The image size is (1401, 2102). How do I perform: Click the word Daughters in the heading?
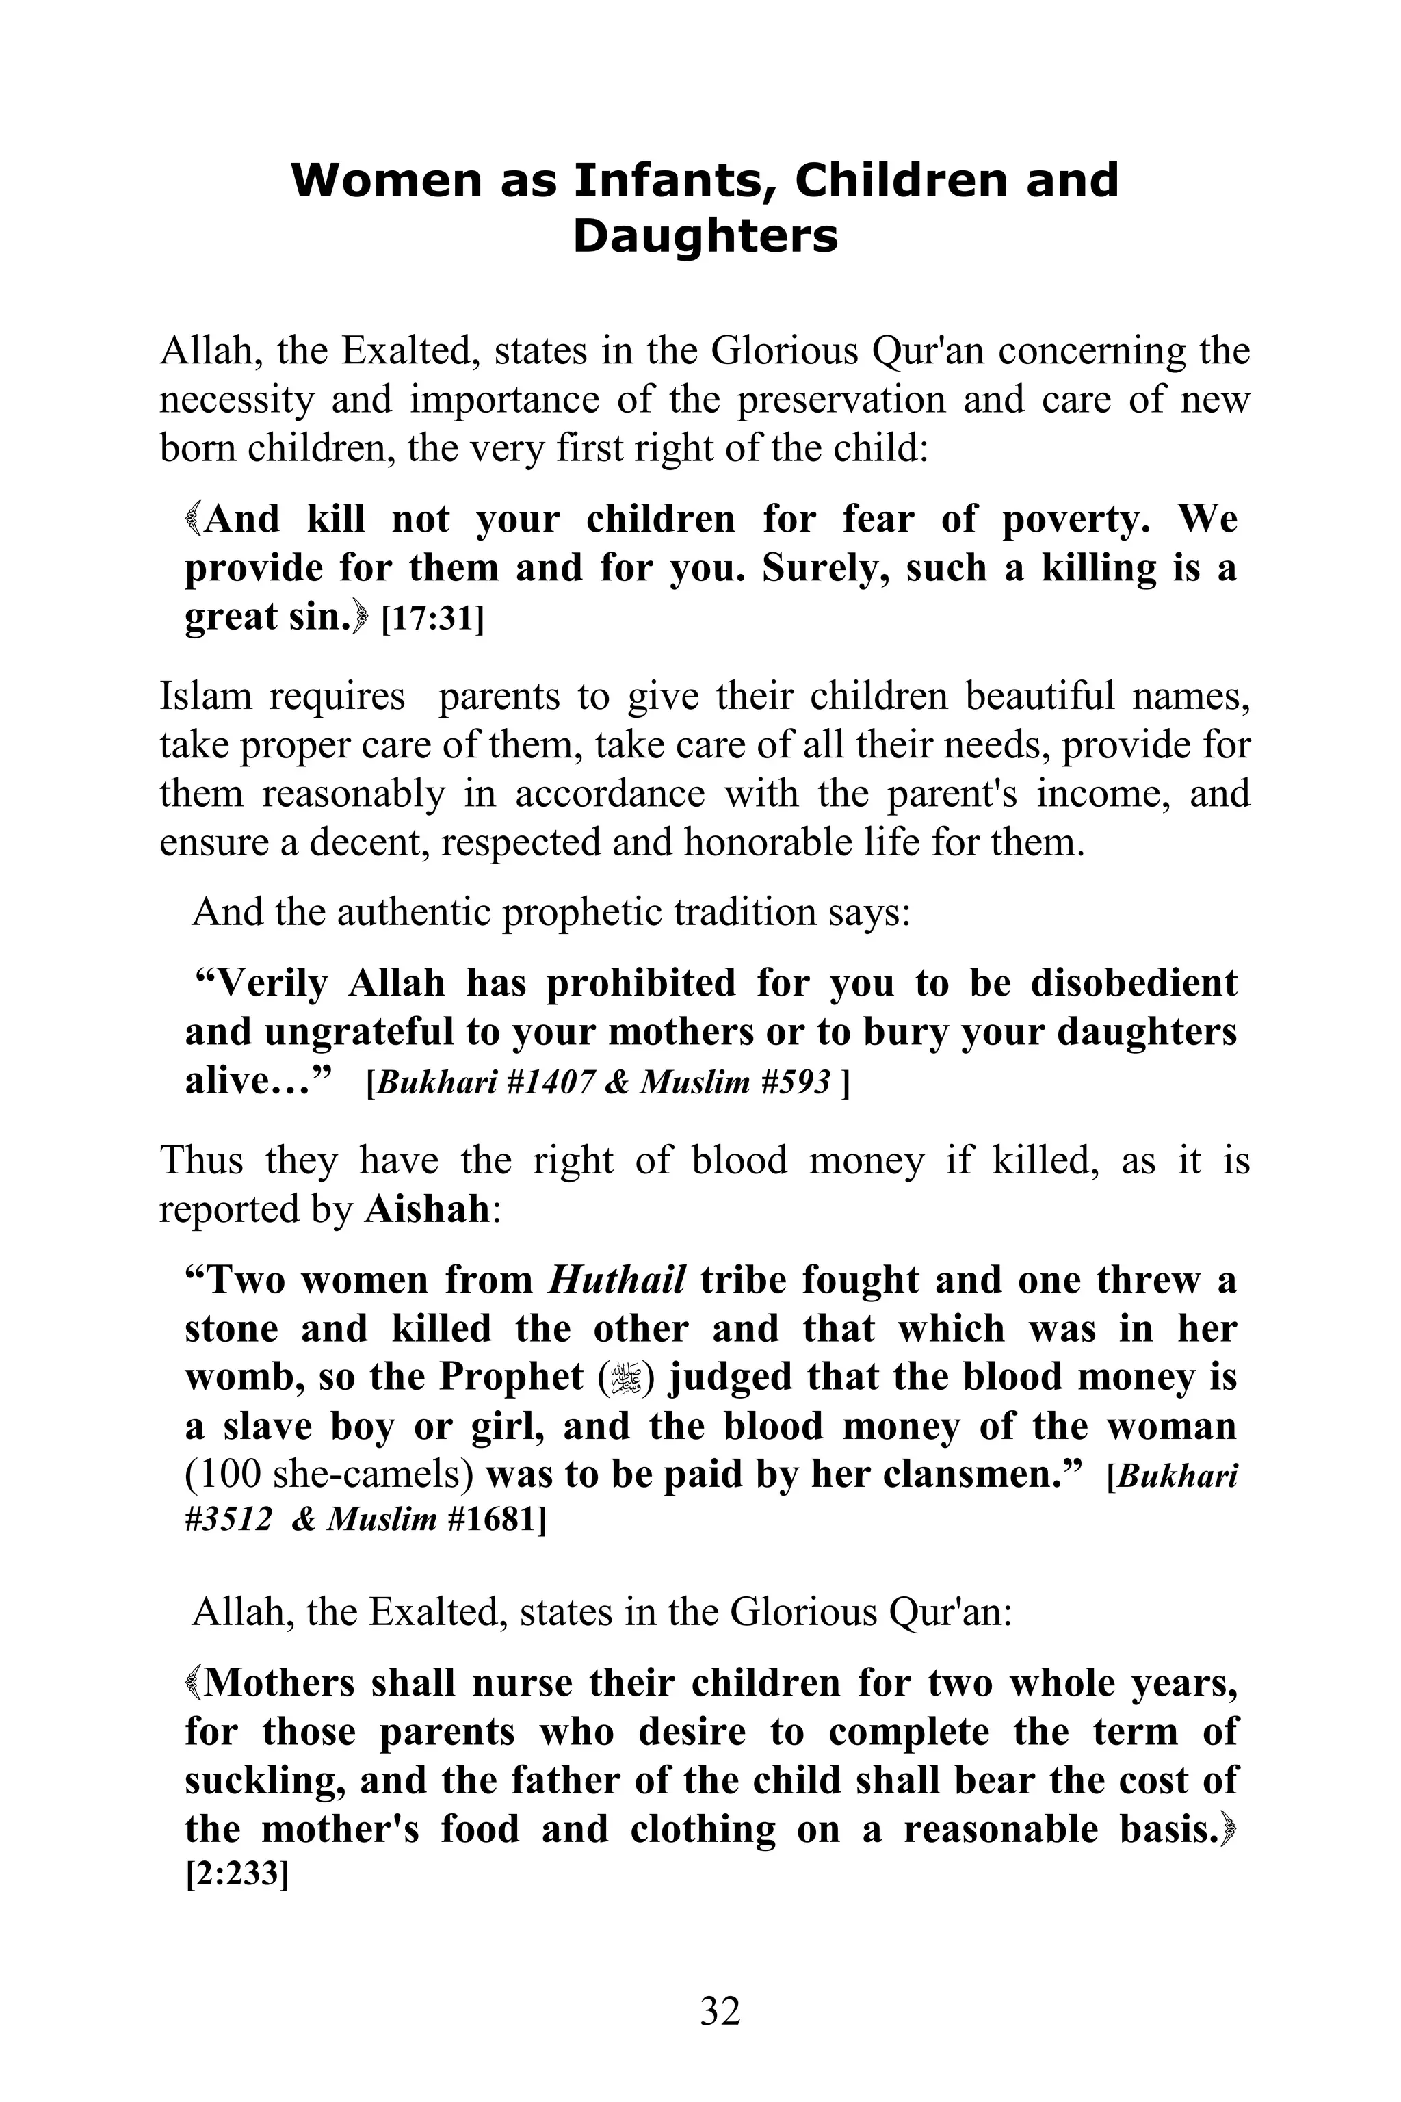click(705, 237)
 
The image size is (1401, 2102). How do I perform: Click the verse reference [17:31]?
click(432, 619)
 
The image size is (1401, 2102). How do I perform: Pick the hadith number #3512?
click(228, 1520)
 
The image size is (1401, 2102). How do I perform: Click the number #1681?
click(490, 1520)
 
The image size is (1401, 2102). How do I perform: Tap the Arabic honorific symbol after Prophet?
click(625, 1378)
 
